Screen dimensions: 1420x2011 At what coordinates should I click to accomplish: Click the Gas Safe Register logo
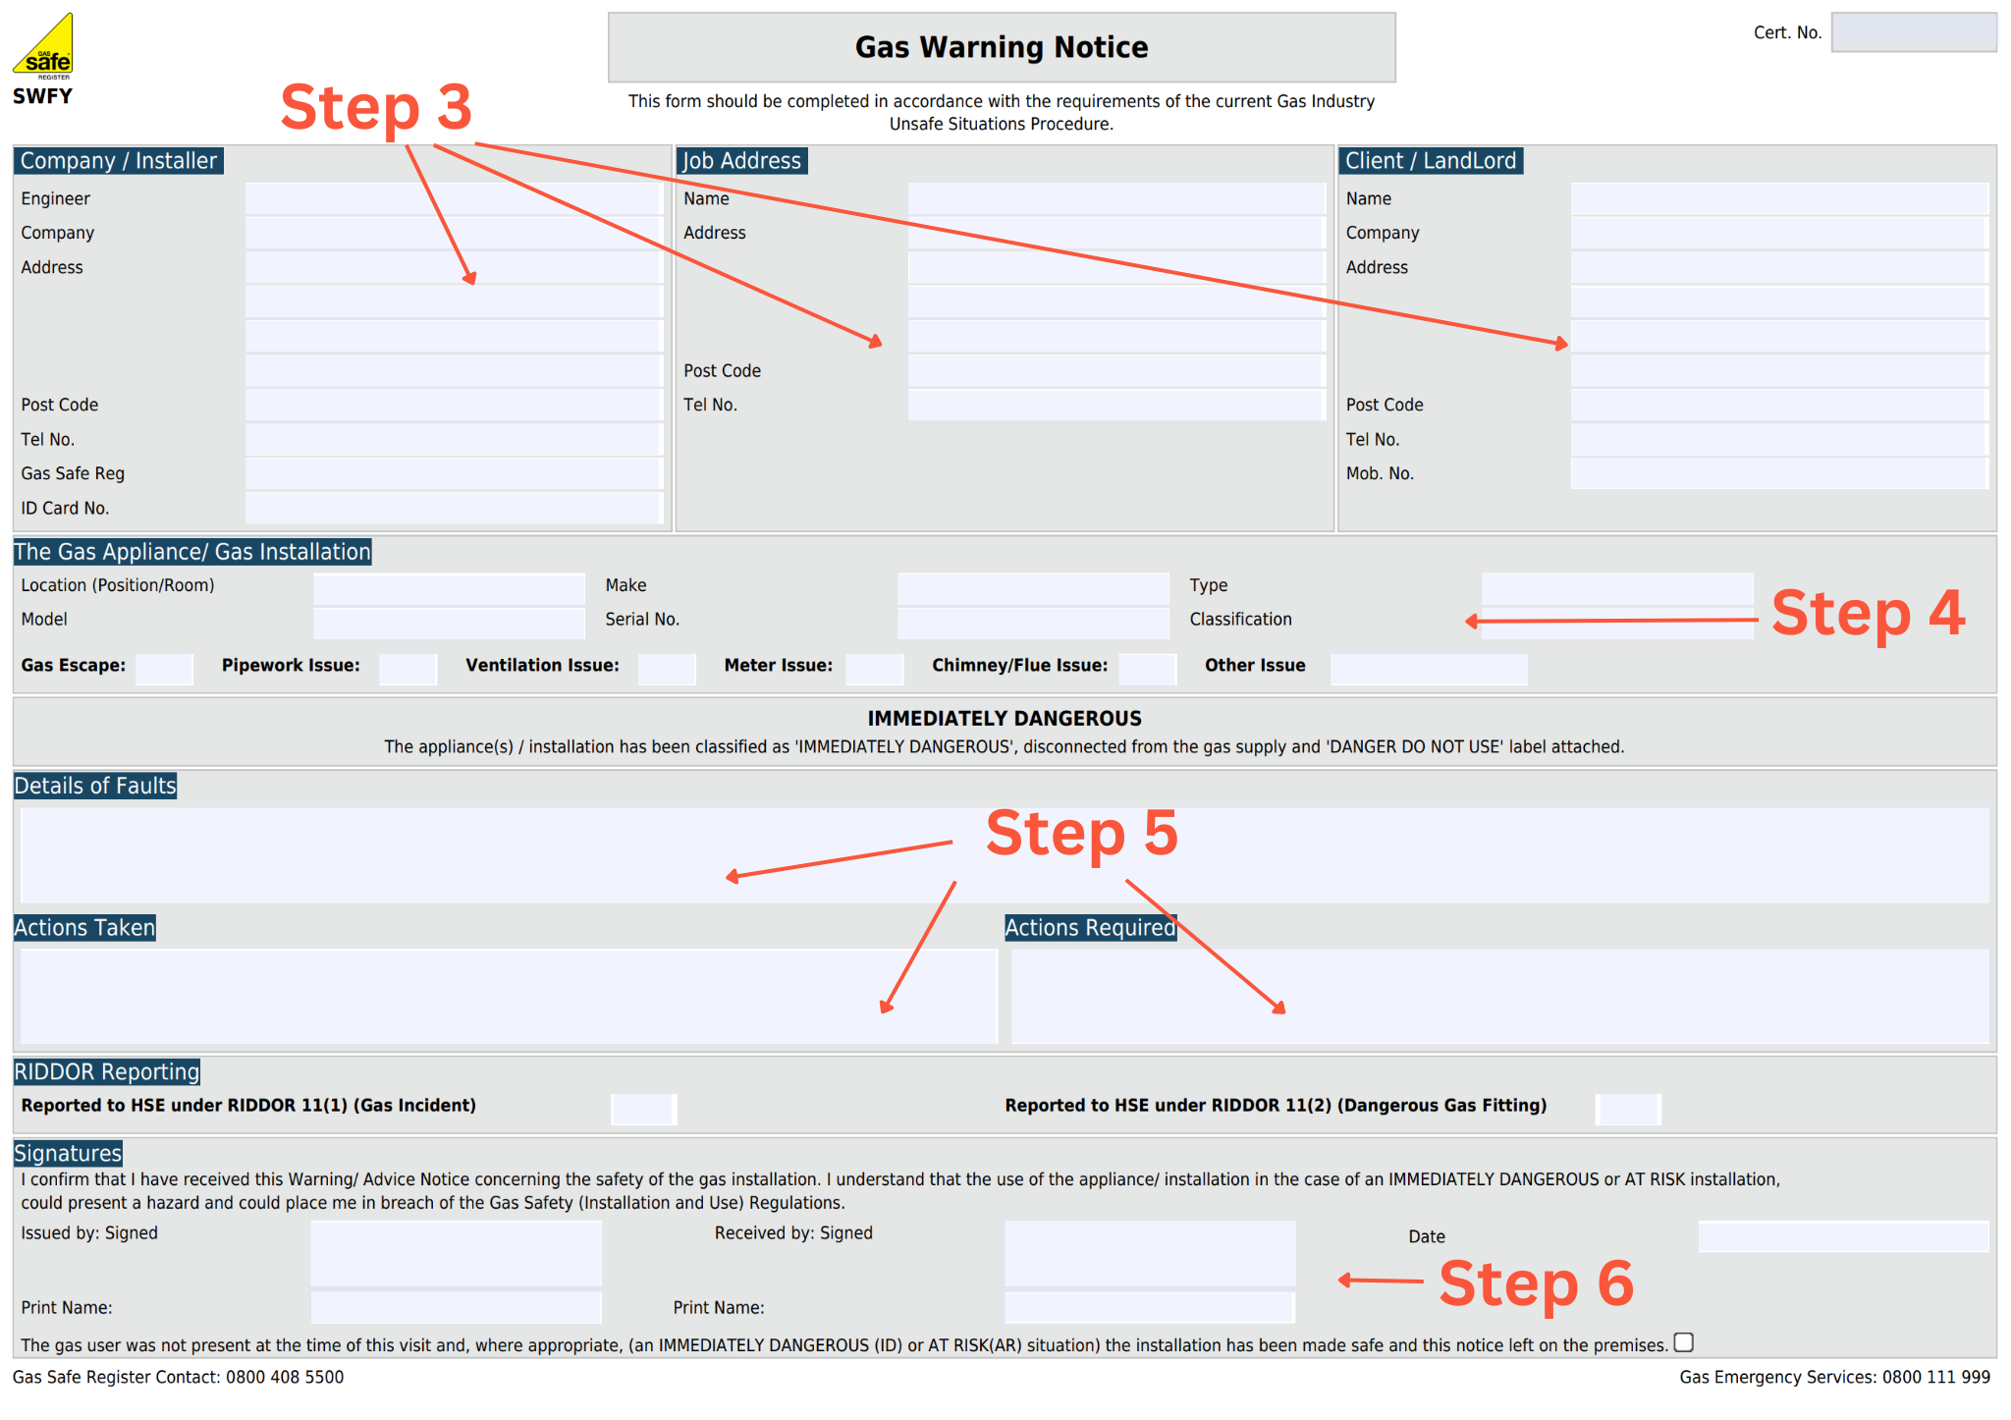click(x=42, y=46)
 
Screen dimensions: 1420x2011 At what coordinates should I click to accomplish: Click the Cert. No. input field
click(x=1913, y=32)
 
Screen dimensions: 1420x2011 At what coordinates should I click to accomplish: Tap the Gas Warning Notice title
click(x=1001, y=47)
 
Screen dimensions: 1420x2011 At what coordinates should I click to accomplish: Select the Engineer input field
click(x=453, y=198)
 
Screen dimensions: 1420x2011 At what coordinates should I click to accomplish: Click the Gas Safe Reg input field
click(x=453, y=473)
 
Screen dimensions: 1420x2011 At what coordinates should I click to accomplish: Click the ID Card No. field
click(x=453, y=508)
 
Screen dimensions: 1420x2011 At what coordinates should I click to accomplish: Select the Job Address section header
click(x=741, y=161)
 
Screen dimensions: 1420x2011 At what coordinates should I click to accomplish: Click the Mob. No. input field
click(x=1778, y=473)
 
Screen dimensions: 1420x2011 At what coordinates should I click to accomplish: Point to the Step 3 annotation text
click(x=376, y=107)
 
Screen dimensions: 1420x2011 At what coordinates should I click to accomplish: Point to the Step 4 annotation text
click(x=1868, y=613)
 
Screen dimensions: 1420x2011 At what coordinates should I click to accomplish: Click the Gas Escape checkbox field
click(x=164, y=668)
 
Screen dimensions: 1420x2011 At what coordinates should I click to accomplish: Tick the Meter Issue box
click(x=874, y=668)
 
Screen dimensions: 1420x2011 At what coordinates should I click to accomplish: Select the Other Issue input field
click(x=1428, y=668)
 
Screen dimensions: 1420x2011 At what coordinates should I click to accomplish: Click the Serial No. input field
click(x=1032, y=621)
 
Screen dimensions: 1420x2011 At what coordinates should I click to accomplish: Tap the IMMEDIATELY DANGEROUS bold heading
click(x=1004, y=718)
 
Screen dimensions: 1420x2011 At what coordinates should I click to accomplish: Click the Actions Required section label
click(x=1089, y=928)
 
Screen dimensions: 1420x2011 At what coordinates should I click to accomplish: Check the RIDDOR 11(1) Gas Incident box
click(x=643, y=1109)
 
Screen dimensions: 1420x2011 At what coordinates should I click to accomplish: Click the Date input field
click(x=1842, y=1236)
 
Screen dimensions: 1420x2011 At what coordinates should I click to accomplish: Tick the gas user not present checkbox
click(x=1683, y=1342)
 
